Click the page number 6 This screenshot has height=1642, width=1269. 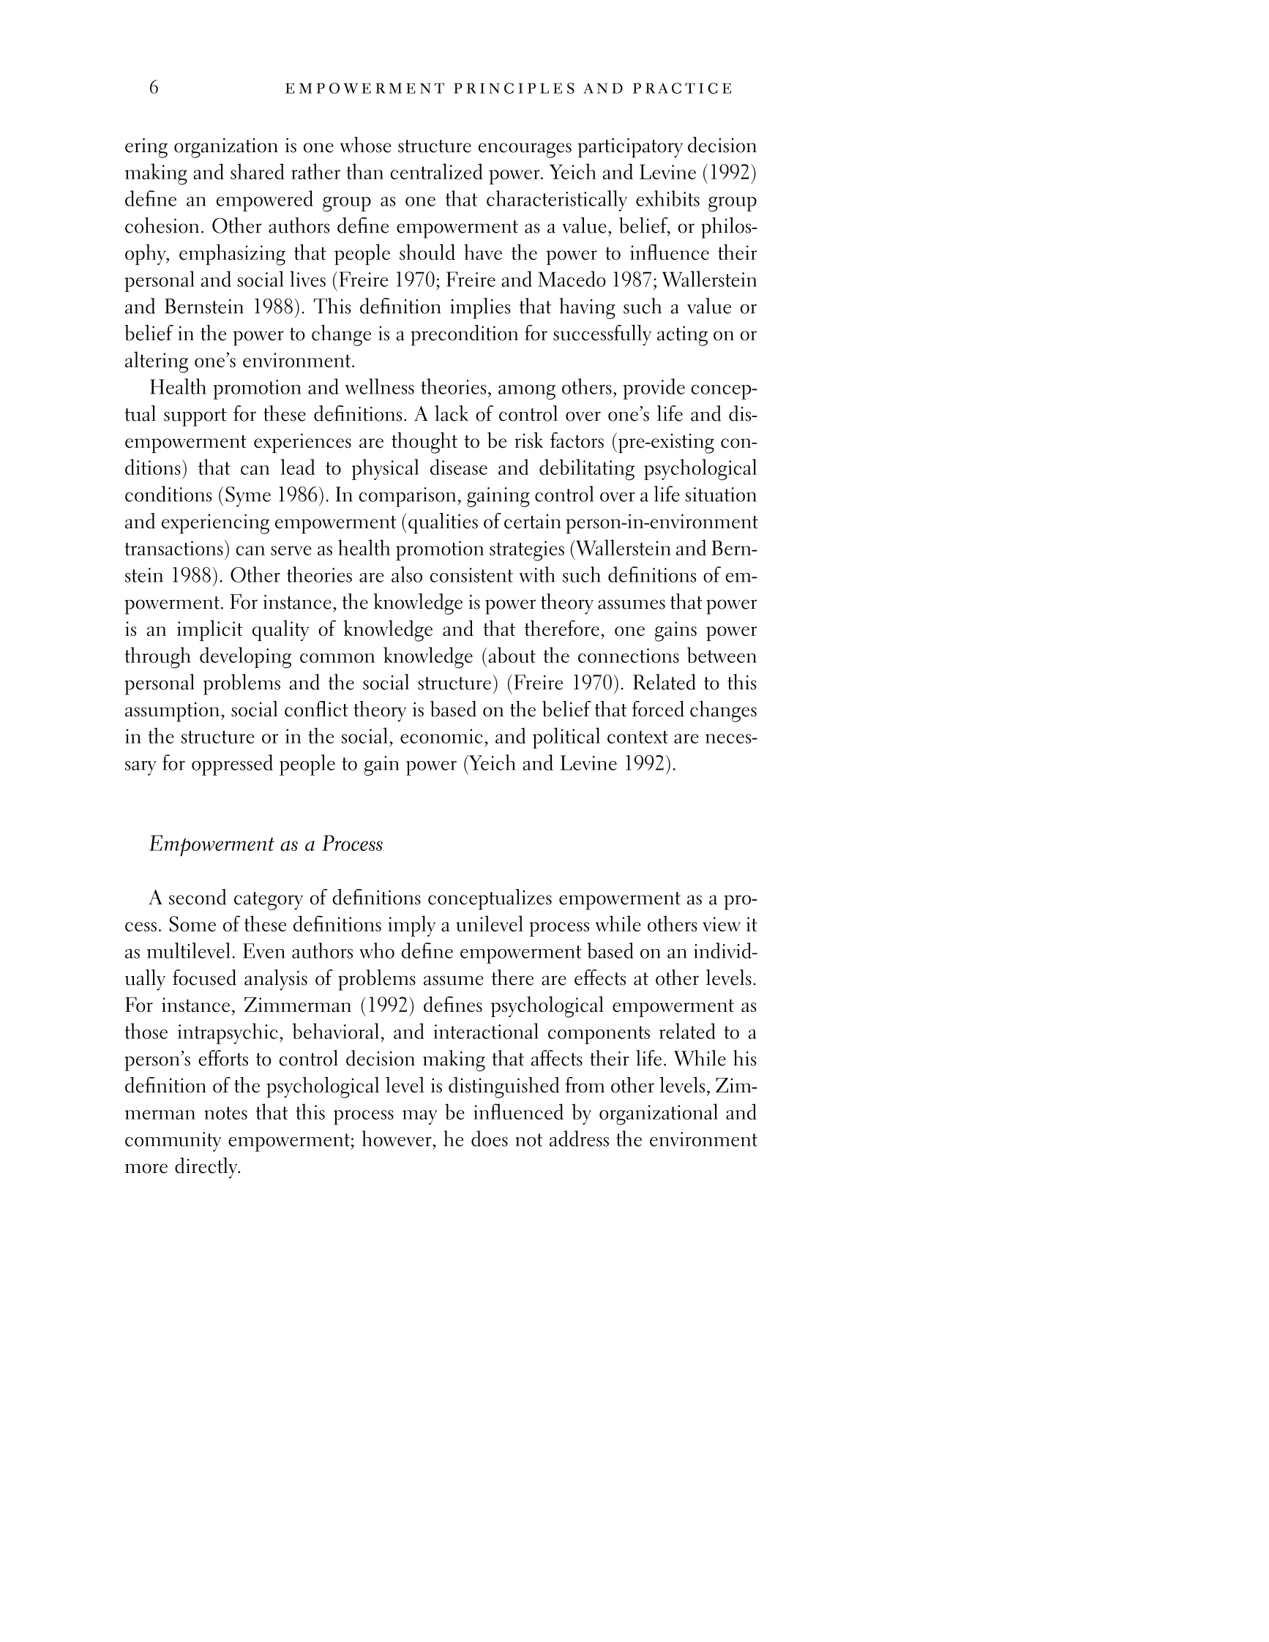click(x=154, y=88)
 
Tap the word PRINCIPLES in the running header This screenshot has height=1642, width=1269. click(x=513, y=89)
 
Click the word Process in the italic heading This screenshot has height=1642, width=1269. click(x=352, y=844)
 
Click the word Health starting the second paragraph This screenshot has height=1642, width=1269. click(x=177, y=388)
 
